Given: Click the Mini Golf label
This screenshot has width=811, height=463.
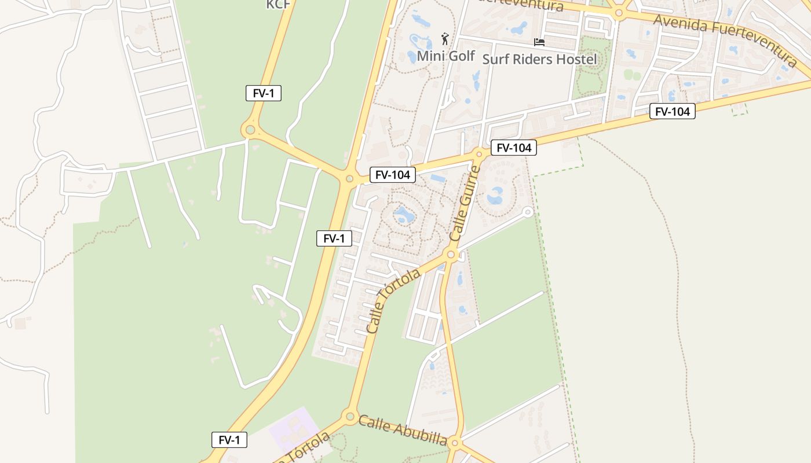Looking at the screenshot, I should (x=445, y=56).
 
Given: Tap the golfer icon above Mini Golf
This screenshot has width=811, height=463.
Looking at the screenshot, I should (x=445, y=39).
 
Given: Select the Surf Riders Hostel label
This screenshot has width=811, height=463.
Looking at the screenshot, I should (x=539, y=59).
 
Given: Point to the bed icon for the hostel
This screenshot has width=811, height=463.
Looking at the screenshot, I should (x=539, y=42).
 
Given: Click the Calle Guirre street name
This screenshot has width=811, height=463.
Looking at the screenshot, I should (x=465, y=203).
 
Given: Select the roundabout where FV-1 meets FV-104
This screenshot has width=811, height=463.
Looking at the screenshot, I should (x=349, y=179).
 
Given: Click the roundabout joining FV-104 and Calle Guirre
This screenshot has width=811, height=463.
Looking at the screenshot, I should (x=479, y=154).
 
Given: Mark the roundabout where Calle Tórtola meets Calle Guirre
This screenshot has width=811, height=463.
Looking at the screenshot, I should (x=451, y=255).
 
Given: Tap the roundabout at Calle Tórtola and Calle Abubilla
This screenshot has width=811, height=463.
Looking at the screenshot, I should (x=349, y=416).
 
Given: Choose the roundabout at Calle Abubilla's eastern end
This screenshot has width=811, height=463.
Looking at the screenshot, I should (x=455, y=444).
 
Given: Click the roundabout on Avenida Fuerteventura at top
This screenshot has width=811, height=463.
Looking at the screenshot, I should (x=619, y=13).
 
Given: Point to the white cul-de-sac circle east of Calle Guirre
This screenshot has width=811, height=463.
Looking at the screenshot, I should (x=527, y=212).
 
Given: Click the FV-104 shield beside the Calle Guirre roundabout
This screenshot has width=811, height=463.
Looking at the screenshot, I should (x=514, y=148).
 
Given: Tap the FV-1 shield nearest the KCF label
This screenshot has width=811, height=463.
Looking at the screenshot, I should (x=264, y=93).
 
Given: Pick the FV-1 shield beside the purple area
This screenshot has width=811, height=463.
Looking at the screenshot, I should (x=229, y=440).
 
